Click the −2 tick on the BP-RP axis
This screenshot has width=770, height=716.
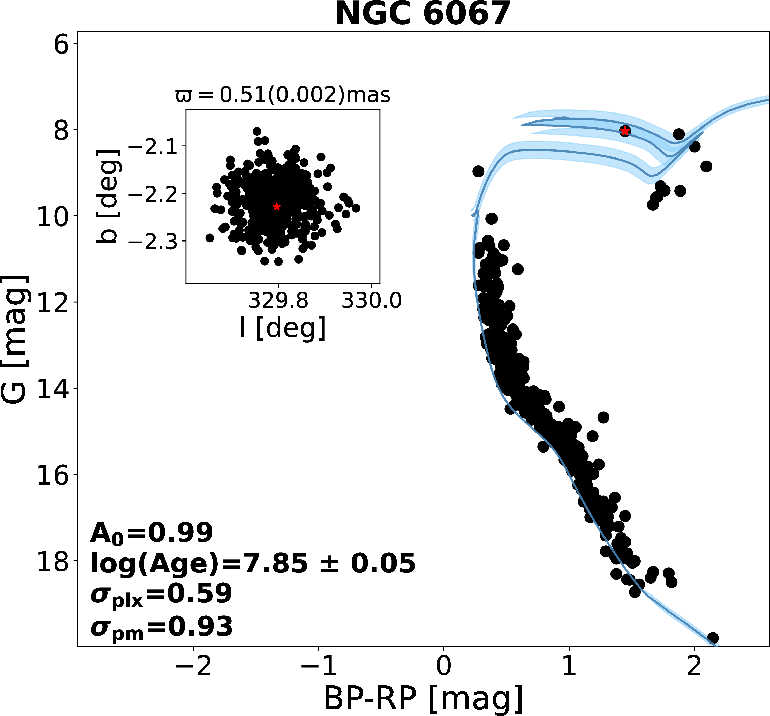tap(193, 647)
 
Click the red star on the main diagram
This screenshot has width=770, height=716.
tap(625, 131)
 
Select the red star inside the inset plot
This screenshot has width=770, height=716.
tap(276, 206)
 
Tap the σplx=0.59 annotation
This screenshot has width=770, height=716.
tap(161, 594)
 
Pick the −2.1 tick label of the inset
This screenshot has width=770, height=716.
tap(153, 147)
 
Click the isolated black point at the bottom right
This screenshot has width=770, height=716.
tap(713, 638)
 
